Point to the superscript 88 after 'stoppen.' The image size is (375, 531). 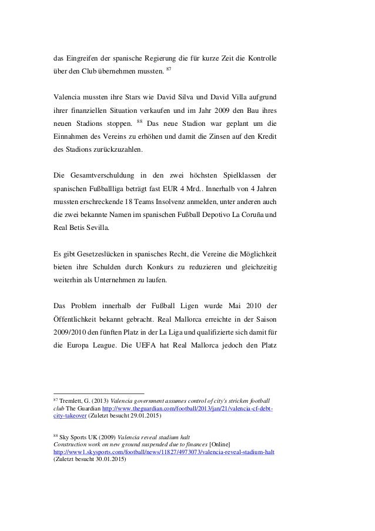(140, 121)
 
